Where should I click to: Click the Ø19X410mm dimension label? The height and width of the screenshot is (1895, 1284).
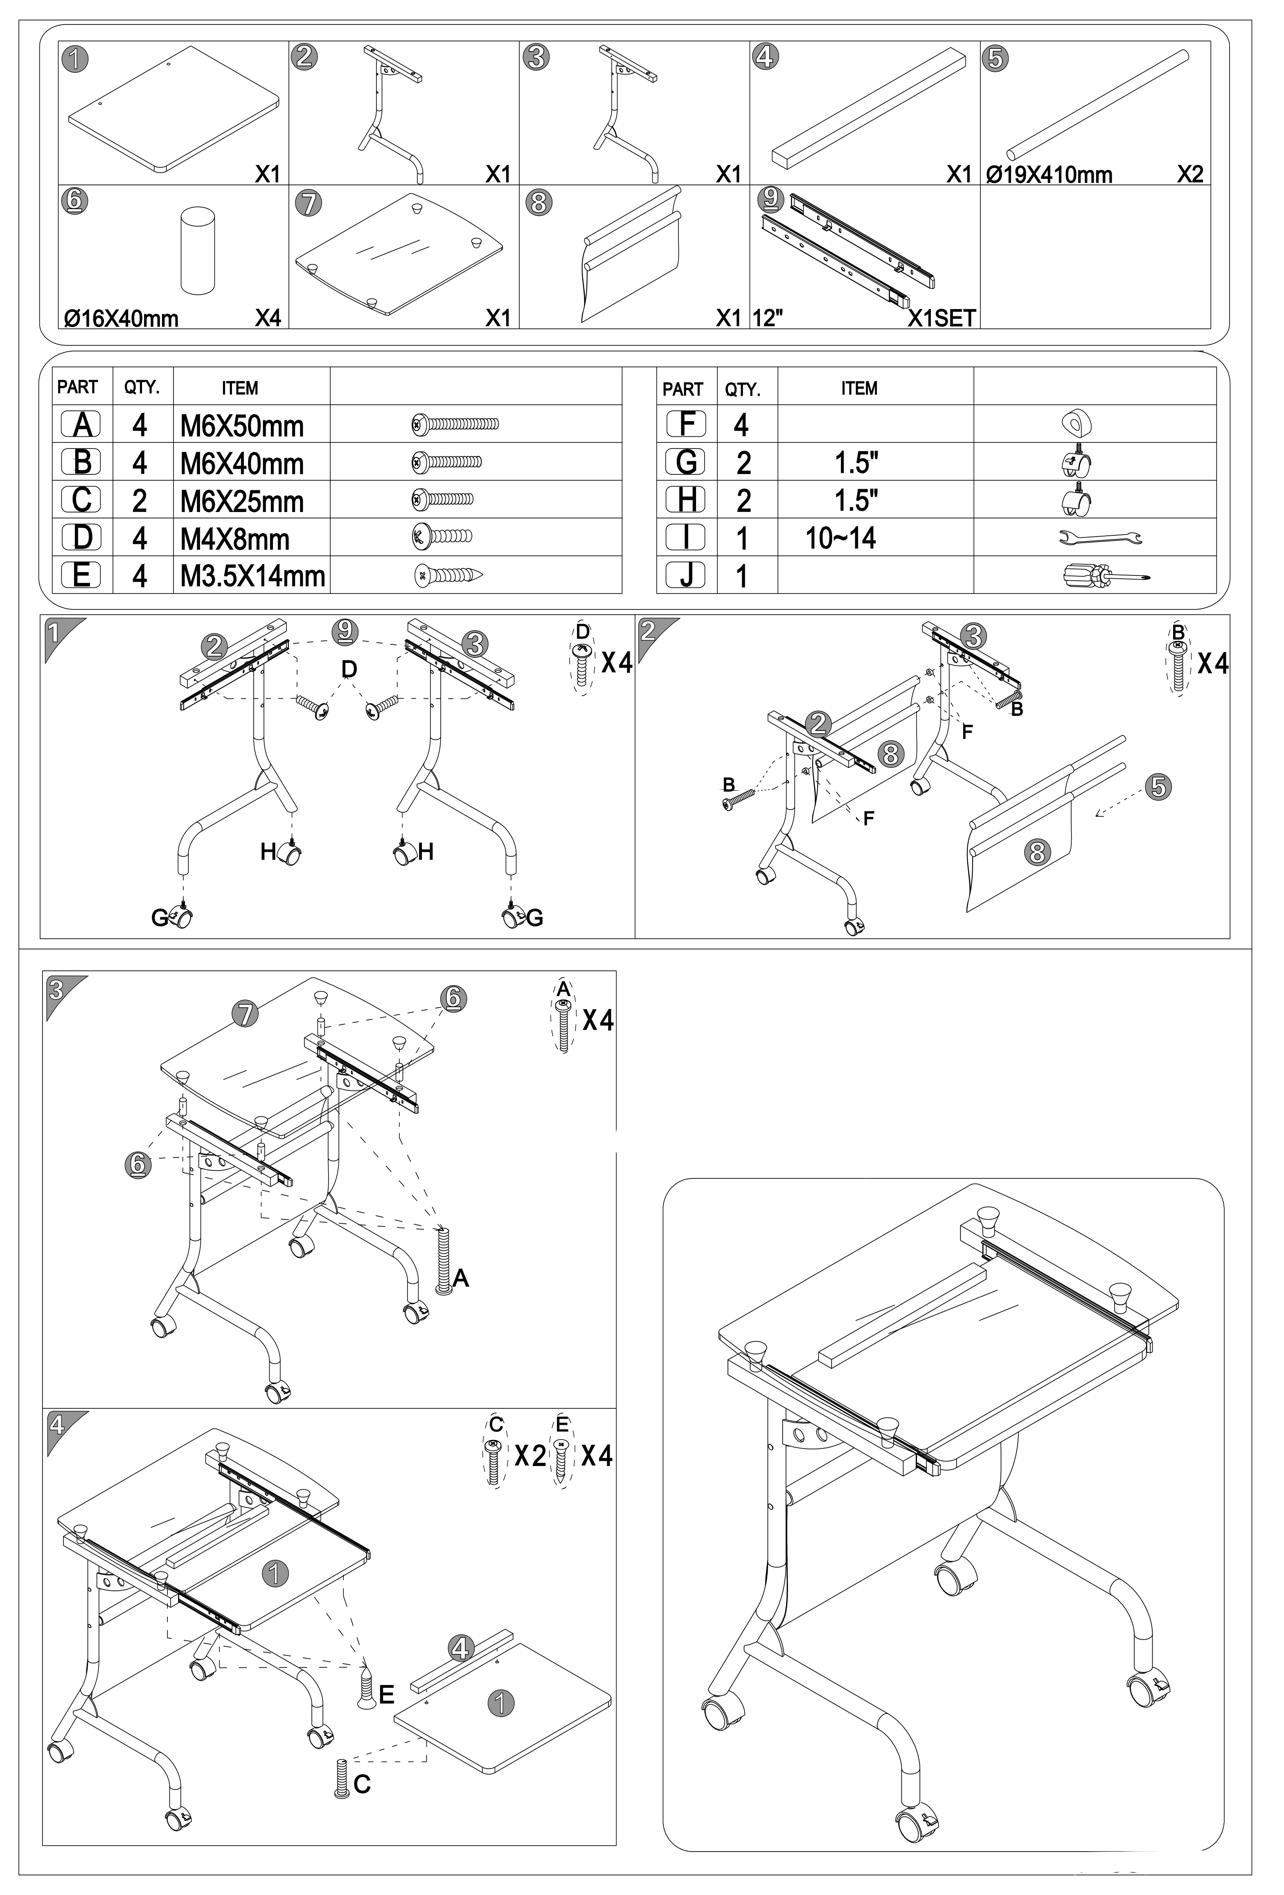point(1049,174)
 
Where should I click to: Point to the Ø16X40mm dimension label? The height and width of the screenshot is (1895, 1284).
point(122,318)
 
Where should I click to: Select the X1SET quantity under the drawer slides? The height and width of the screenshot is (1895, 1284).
point(942,318)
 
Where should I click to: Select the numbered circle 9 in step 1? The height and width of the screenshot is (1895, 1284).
point(346,630)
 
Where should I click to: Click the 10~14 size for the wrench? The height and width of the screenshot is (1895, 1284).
point(840,538)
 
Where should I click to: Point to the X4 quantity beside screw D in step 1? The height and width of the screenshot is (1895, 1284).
point(617,663)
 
